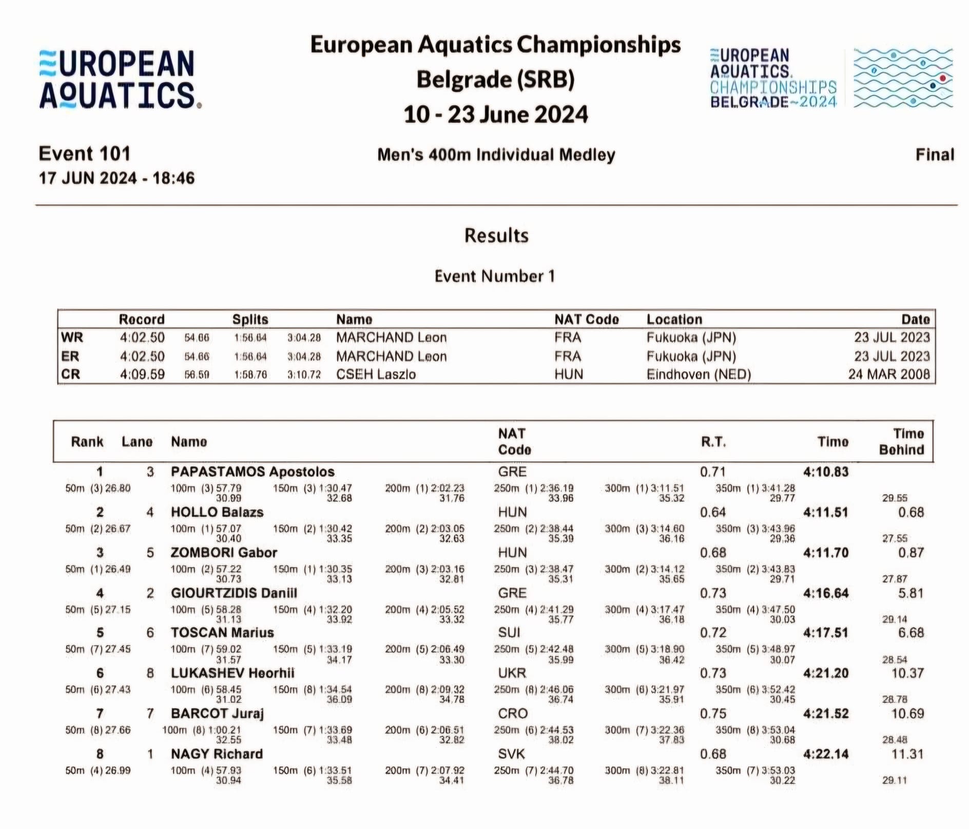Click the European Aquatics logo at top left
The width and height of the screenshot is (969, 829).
[120, 79]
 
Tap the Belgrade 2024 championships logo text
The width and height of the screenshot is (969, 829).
[773, 79]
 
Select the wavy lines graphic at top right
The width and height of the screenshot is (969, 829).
[903, 78]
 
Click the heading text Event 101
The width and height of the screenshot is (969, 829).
[85, 154]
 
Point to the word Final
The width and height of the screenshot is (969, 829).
[935, 155]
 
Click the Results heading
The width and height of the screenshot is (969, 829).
[496, 235]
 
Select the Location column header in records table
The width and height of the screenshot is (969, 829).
[674, 319]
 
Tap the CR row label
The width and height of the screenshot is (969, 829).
[71, 374]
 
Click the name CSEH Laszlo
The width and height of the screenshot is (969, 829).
[376, 374]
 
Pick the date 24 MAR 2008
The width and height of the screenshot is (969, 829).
[889, 374]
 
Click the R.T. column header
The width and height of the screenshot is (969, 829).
[713, 442]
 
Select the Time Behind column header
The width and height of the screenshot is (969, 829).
[901, 442]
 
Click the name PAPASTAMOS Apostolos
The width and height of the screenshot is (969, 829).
[253, 472]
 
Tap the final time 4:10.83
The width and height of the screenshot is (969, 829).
[826, 472]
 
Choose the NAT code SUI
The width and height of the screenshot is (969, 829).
[509, 632]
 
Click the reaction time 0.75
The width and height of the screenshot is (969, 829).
[713, 713]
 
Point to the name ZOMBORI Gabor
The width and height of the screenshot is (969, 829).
[224, 553]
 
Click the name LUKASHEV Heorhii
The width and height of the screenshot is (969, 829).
[232, 673]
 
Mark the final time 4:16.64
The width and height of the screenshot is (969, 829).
[826, 593]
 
